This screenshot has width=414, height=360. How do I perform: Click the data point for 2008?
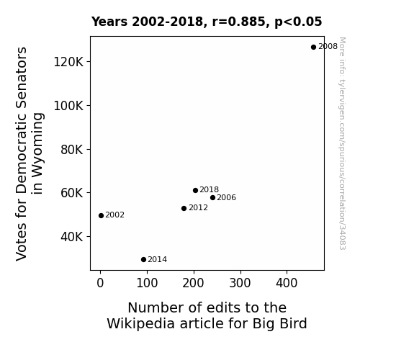point(313,47)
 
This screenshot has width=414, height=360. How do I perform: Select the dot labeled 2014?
point(143,260)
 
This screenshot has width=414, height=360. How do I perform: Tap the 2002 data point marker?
point(101,215)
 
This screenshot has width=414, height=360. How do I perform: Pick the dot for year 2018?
point(195,190)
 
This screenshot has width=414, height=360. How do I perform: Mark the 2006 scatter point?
point(212,197)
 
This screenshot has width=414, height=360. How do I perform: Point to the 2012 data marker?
point(184,208)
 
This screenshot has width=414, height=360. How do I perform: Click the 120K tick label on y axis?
point(68,62)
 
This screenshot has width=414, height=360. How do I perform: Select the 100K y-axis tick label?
point(68,106)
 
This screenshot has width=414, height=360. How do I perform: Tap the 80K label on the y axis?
point(72,150)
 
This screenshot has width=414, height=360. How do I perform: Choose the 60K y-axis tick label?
point(72,193)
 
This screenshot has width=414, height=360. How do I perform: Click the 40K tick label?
point(72,237)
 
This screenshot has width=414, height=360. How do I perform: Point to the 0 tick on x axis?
point(100,283)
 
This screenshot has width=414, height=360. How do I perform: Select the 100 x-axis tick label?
point(147,283)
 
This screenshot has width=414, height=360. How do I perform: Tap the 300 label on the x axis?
point(240,283)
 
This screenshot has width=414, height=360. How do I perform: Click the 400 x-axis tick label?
point(287,283)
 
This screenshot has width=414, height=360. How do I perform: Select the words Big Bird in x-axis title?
point(279,323)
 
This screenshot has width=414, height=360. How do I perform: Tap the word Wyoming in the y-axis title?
point(37,153)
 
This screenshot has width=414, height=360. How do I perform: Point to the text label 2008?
point(328,47)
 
